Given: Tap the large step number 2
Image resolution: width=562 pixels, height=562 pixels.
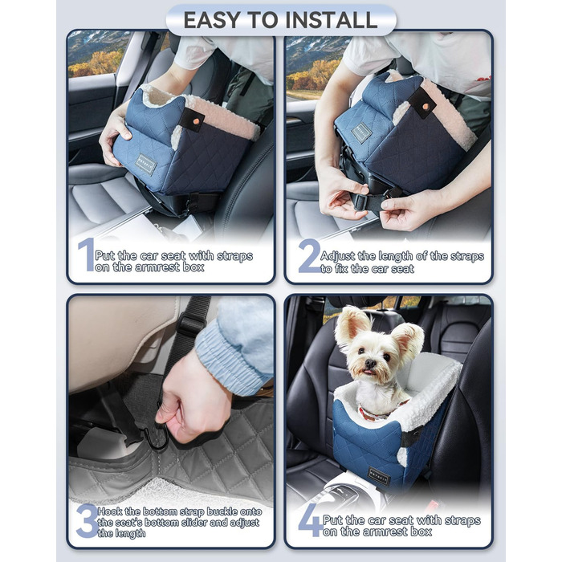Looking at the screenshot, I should tap(308, 255).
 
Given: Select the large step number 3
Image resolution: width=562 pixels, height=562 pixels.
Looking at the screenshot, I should tap(86, 520).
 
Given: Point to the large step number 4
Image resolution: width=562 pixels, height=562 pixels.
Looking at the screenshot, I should tap(309, 520).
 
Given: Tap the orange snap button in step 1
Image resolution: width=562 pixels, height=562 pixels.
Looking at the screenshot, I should tap(193, 116).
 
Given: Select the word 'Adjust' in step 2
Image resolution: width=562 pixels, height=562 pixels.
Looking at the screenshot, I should tap(339, 255).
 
